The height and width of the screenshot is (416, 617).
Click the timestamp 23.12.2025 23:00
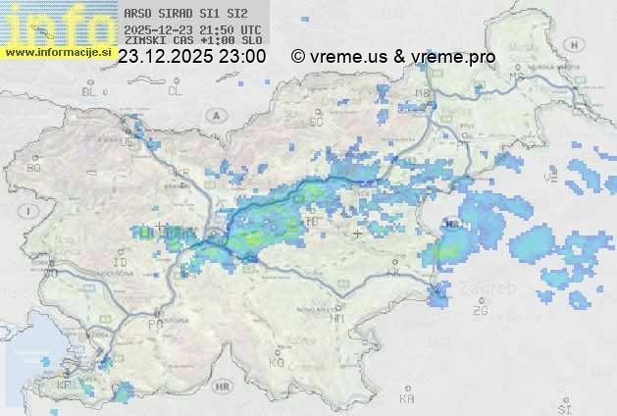click(x=191, y=57)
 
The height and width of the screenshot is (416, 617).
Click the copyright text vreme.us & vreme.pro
click(x=393, y=57)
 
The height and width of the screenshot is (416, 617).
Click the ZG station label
click(x=480, y=311)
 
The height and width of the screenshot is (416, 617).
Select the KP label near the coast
click(x=65, y=386)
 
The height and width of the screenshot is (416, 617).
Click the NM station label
click(x=338, y=318)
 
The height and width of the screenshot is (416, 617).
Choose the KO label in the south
click(x=277, y=362)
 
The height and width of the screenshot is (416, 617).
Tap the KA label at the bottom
click(x=407, y=398)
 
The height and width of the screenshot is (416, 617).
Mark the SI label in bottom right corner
click(x=563, y=405)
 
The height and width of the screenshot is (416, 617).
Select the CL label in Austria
click(x=175, y=91)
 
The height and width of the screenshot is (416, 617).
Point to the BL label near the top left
click(x=90, y=91)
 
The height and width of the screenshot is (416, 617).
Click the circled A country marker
click(x=214, y=115)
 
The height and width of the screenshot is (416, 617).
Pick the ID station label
click(x=121, y=263)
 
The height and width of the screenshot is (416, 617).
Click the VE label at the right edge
click(x=550, y=180)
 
